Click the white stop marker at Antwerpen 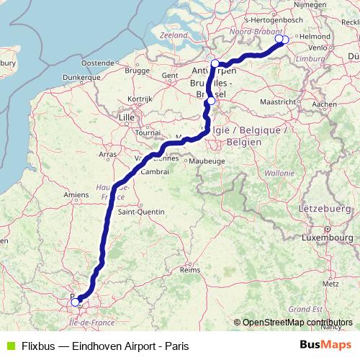click(215, 63)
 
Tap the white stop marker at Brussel click(210, 102)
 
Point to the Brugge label click(136, 70)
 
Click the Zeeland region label click(174, 34)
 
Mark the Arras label click(107, 154)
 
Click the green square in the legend click(9, 346)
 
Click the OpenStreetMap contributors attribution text click(297, 323)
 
